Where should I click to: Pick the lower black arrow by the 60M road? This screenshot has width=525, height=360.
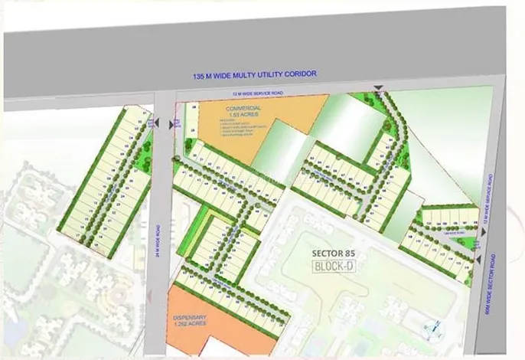point(479,260)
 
